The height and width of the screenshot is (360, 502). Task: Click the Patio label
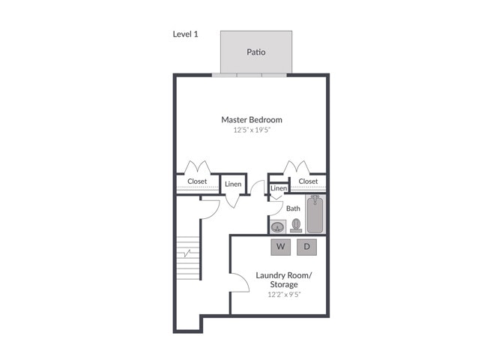(256, 52)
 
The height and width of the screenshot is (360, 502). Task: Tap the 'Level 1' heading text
(186, 34)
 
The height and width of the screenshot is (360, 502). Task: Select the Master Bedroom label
(251, 119)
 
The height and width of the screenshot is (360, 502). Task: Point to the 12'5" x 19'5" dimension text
(251, 130)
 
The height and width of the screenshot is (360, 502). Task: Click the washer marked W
(280, 246)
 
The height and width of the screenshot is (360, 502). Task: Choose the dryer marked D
(307, 246)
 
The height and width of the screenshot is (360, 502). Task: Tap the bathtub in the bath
(315, 214)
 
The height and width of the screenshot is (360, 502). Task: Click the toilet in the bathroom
(296, 225)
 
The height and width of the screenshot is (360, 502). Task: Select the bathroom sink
(278, 226)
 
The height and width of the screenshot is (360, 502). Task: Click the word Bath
(293, 208)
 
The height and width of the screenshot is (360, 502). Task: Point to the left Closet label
(197, 181)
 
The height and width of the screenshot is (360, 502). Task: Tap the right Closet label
(308, 181)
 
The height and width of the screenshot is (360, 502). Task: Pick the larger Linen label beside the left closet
(233, 184)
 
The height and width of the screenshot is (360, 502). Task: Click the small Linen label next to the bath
(279, 187)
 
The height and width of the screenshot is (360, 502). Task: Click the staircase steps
(189, 258)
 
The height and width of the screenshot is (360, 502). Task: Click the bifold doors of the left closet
(197, 166)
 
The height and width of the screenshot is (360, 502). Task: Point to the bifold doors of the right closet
(294, 166)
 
